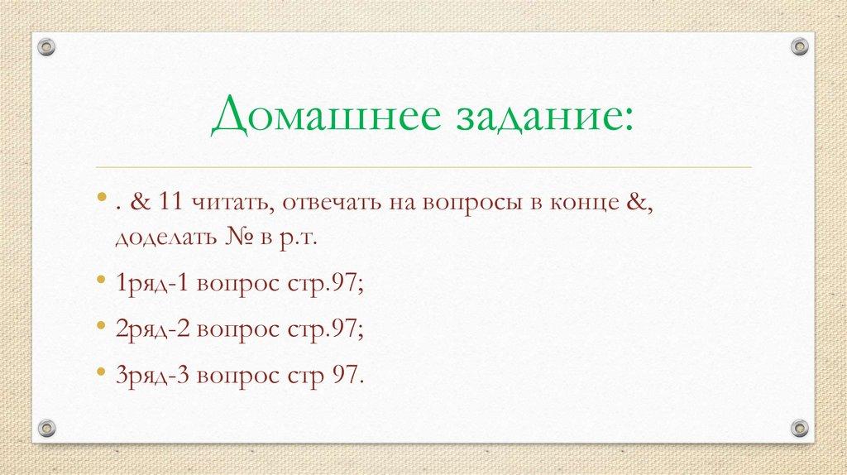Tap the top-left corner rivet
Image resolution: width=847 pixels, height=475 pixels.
[x=47, y=46]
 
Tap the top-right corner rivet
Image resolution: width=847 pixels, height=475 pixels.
[x=798, y=46]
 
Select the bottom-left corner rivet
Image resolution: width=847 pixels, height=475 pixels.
[x=47, y=428]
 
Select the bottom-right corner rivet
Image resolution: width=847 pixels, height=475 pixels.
[x=798, y=428]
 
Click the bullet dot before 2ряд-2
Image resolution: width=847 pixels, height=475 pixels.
[x=100, y=326]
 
